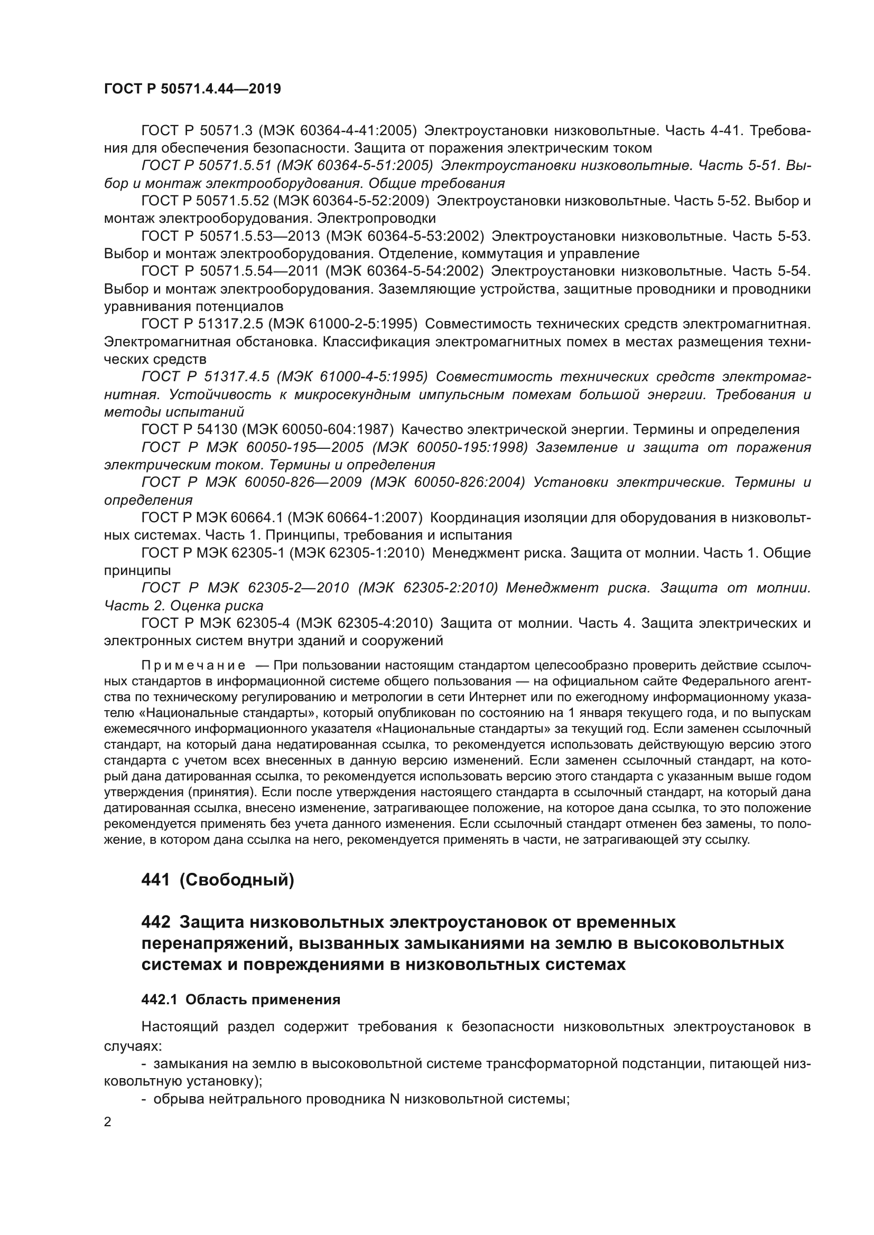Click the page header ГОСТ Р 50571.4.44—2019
[x=192, y=89]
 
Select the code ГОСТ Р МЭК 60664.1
[x=211, y=517]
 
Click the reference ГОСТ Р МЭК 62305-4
[x=215, y=623]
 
